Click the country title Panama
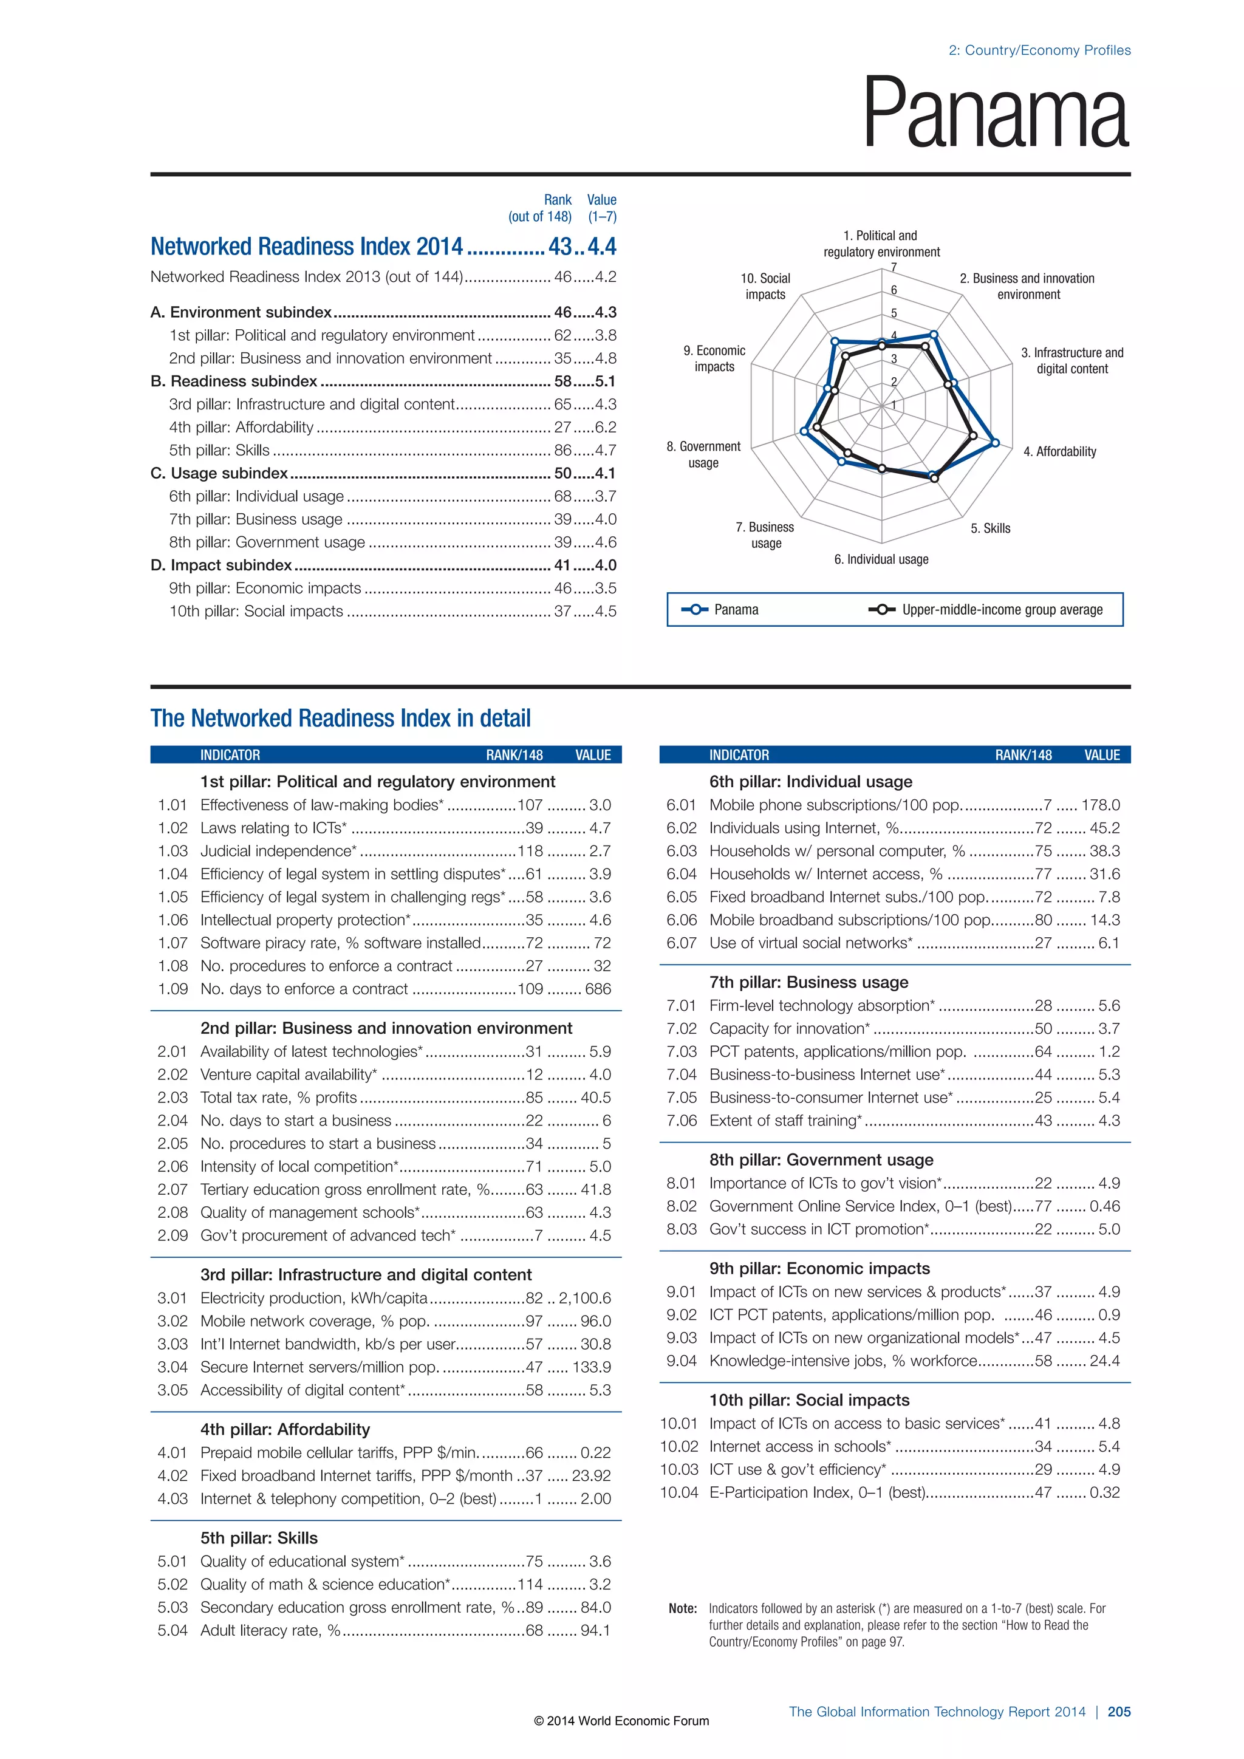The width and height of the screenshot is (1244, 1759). (x=995, y=114)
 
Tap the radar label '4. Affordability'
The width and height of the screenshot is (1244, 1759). (x=1059, y=451)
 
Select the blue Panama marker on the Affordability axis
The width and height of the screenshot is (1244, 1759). (x=995, y=442)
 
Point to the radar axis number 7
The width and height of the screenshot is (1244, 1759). (x=893, y=267)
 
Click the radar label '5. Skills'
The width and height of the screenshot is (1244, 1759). (x=991, y=528)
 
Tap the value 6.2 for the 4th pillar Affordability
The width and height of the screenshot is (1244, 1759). (x=605, y=428)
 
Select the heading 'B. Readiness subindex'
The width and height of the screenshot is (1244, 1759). (x=234, y=381)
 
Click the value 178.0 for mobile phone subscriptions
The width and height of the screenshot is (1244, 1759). (x=1100, y=805)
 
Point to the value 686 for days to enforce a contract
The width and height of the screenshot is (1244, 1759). (x=598, y=989)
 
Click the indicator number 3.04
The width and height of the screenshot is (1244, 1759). (x=173, y=1367)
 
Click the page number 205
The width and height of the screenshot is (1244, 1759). (x=1118, y=1712)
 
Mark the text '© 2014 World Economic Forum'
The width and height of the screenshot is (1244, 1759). (x=621, y=1721)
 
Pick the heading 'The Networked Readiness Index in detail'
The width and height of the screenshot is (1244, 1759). (x=340, y=718)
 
